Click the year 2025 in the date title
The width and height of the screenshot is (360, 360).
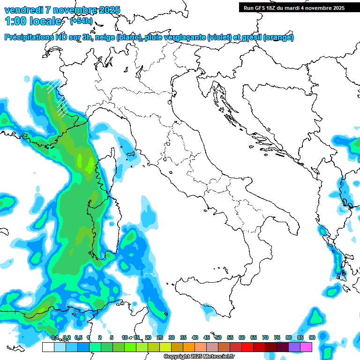106,10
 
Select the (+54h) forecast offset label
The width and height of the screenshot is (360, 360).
81,21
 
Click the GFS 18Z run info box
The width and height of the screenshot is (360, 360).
294,8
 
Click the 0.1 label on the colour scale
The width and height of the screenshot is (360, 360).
54,338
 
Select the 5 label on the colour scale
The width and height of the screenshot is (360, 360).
111,338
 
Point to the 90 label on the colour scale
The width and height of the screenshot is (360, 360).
312,338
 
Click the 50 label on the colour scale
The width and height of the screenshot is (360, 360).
218,338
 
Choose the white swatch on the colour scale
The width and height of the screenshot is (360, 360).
48,347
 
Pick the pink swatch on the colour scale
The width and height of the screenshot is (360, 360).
306,347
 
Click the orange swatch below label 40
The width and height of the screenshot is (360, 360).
189,347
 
